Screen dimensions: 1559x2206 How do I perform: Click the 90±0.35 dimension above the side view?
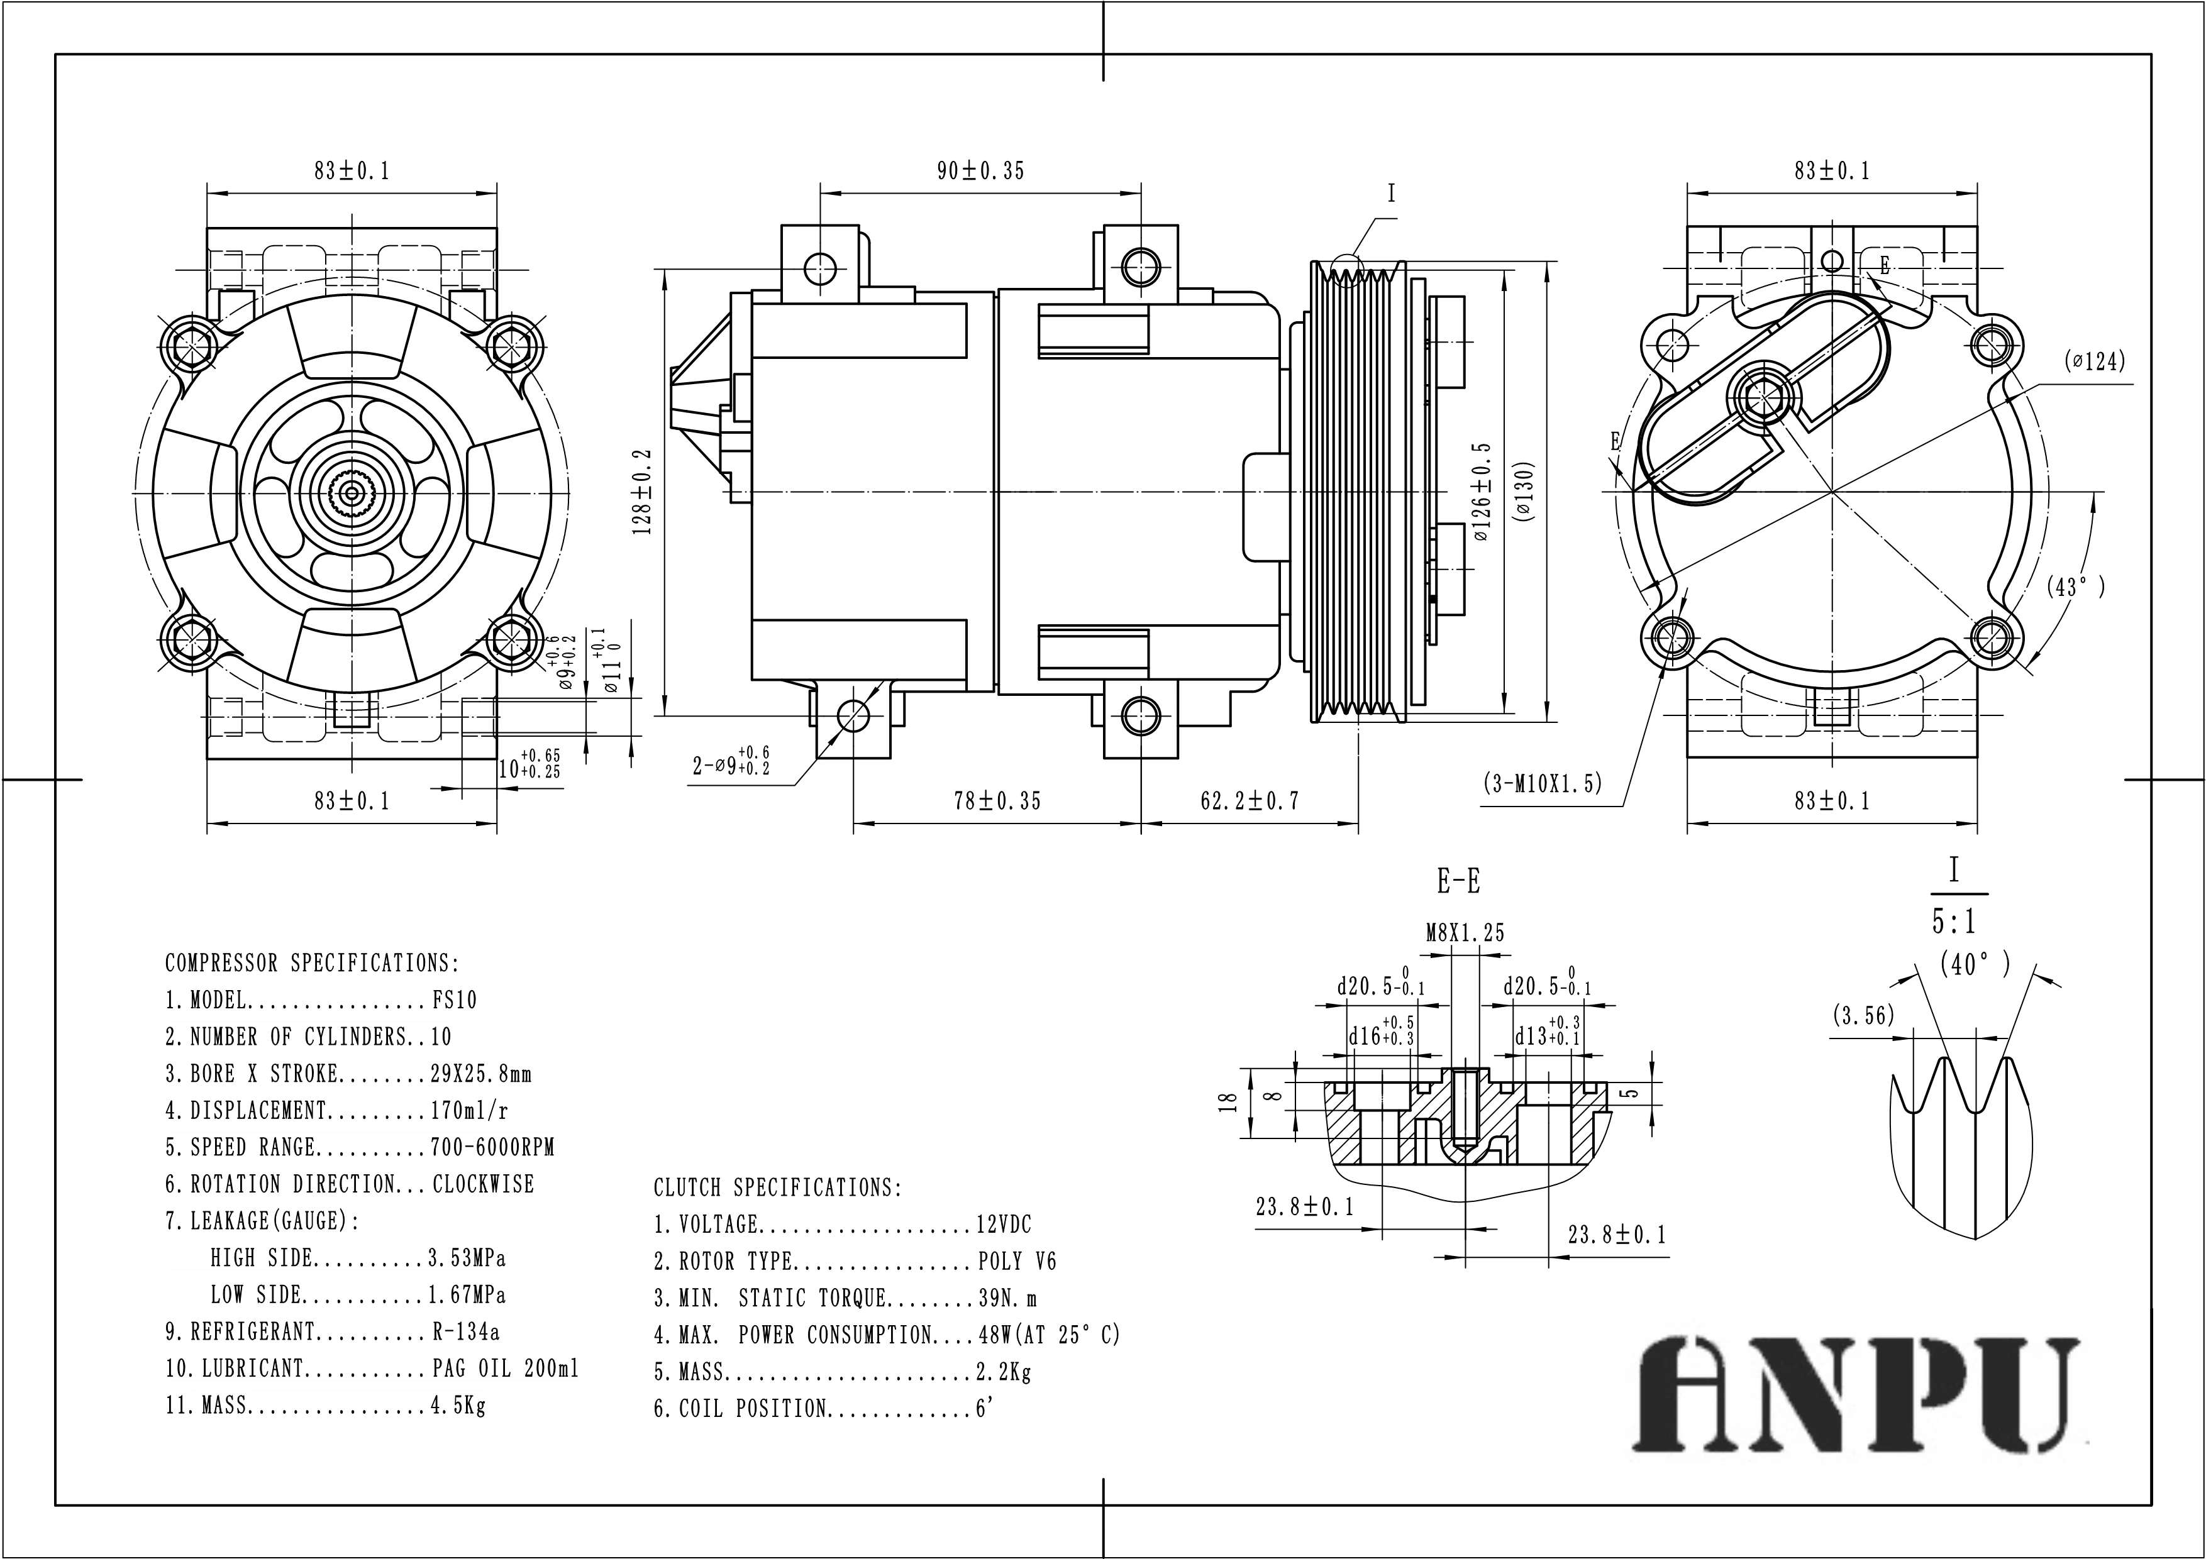click(980, 171)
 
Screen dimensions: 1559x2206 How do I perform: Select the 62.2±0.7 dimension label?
click(1249, 801)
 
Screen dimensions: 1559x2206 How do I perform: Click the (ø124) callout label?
click(2095, 362)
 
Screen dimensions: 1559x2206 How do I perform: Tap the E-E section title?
click(1458, 880)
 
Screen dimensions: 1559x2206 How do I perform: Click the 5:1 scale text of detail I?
click(1953, 922)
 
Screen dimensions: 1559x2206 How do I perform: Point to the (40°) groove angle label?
click(1973, 964)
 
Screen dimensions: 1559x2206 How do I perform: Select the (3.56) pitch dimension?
click(1863, 1015)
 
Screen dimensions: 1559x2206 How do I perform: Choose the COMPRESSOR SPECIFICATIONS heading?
click(313, 962)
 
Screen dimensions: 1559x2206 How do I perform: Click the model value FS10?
click(453, 1000)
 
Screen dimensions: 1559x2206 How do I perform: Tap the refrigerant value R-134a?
click(465, 1331)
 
